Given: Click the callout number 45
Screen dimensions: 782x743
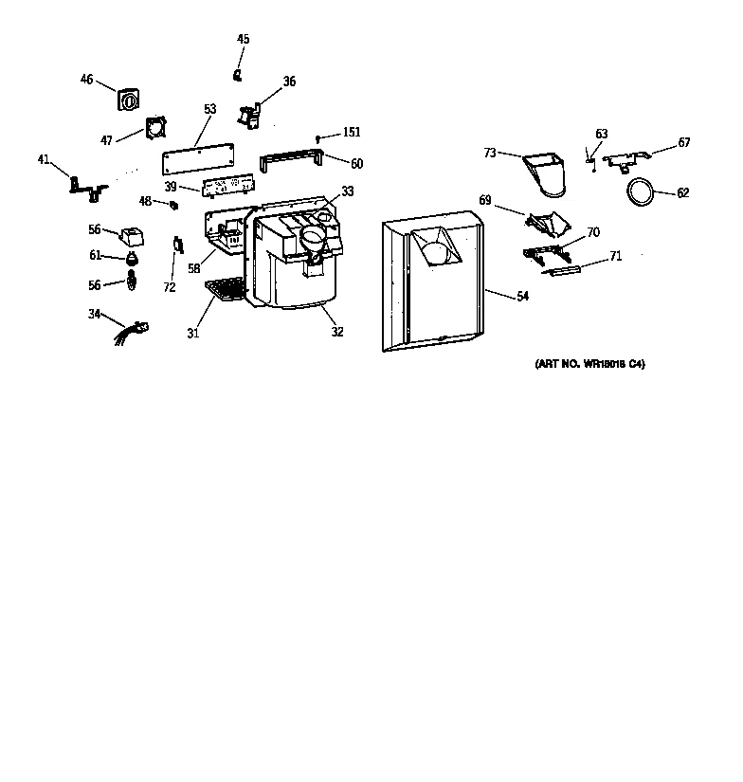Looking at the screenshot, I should click(x=244, y=39).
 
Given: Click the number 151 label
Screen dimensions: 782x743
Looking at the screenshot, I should click(x=352, y=133).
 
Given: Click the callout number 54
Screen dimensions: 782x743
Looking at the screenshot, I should click(x=522, y=297).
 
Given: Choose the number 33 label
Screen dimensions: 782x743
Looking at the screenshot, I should click(x=348, y=191).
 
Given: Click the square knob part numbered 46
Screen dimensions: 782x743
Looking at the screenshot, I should click(x=128, y=100).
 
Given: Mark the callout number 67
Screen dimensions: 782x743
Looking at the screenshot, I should click(x=683, y=143).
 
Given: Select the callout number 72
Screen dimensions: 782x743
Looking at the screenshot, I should click(x=169, y=287).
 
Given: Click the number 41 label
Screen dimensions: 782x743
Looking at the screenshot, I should click(x=44, y=159).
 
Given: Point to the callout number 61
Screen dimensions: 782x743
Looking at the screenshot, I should click(x=95, y=255).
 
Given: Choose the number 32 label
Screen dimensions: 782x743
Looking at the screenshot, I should click(x=337, y=332).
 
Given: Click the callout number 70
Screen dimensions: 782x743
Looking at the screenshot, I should click(x=593, y=232).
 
